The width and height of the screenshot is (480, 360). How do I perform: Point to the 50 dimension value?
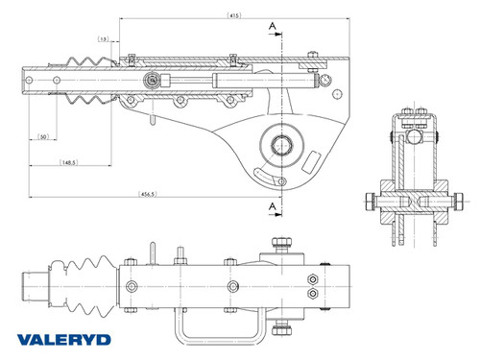[43, 138]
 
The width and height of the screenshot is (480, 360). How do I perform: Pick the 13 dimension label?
[103, 39]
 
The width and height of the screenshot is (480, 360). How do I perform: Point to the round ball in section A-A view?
[412, 136]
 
